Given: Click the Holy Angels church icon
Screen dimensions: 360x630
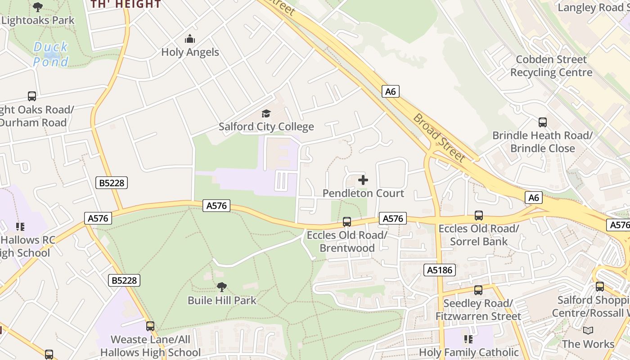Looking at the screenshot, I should (190, 39).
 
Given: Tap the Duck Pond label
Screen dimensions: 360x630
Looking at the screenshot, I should (51, 54).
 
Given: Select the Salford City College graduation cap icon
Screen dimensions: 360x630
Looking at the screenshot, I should (266, 113).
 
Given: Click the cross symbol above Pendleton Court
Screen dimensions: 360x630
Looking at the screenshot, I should (363, 180).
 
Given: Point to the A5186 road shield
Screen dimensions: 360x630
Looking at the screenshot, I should (440, 270).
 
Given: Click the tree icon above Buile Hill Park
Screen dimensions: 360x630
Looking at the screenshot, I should (221, 287).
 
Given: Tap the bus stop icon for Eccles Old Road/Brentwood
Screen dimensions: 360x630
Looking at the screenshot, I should (346, 221).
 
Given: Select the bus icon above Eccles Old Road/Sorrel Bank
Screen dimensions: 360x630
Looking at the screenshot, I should (478, 216).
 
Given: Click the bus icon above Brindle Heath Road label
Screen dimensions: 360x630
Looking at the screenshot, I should (542, 122).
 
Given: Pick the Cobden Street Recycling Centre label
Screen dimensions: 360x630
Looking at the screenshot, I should (551, 66).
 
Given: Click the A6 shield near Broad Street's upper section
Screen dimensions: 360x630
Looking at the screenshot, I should (390, 91).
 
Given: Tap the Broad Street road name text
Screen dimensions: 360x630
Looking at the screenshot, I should (439, 137).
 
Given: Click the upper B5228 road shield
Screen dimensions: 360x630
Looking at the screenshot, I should (112, 183).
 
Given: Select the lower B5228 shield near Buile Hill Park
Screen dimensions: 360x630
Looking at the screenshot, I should (124, 280).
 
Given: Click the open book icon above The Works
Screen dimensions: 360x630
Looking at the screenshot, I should (588, 331).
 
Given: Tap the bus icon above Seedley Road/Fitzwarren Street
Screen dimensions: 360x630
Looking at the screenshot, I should (478, 290).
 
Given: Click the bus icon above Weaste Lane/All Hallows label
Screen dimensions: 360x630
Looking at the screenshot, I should (150, 326).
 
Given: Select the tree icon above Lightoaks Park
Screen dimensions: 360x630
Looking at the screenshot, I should (38, 7).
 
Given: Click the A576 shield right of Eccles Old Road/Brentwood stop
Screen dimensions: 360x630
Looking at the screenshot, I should (392, 219).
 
